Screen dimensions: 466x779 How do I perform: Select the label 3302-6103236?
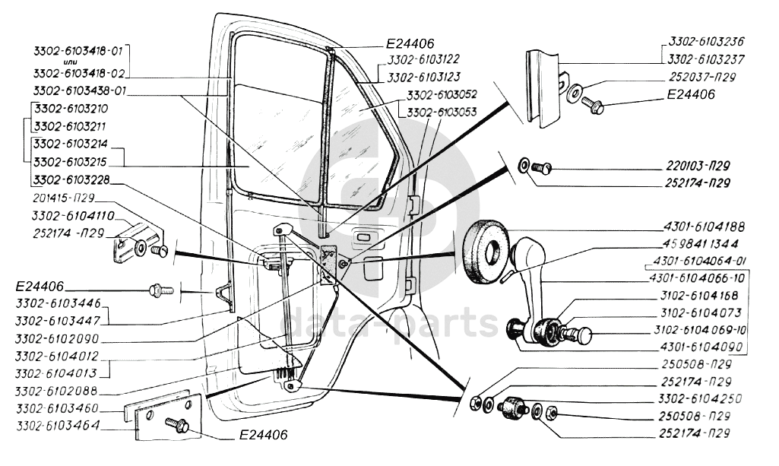tap(706, 43)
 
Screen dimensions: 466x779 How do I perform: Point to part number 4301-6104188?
tap(704, 227)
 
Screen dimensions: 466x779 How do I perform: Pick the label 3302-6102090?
tap(65, 338)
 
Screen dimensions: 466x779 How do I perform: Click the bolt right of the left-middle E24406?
tap(159, 290)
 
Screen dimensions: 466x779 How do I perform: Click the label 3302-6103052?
tap(442, 95)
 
